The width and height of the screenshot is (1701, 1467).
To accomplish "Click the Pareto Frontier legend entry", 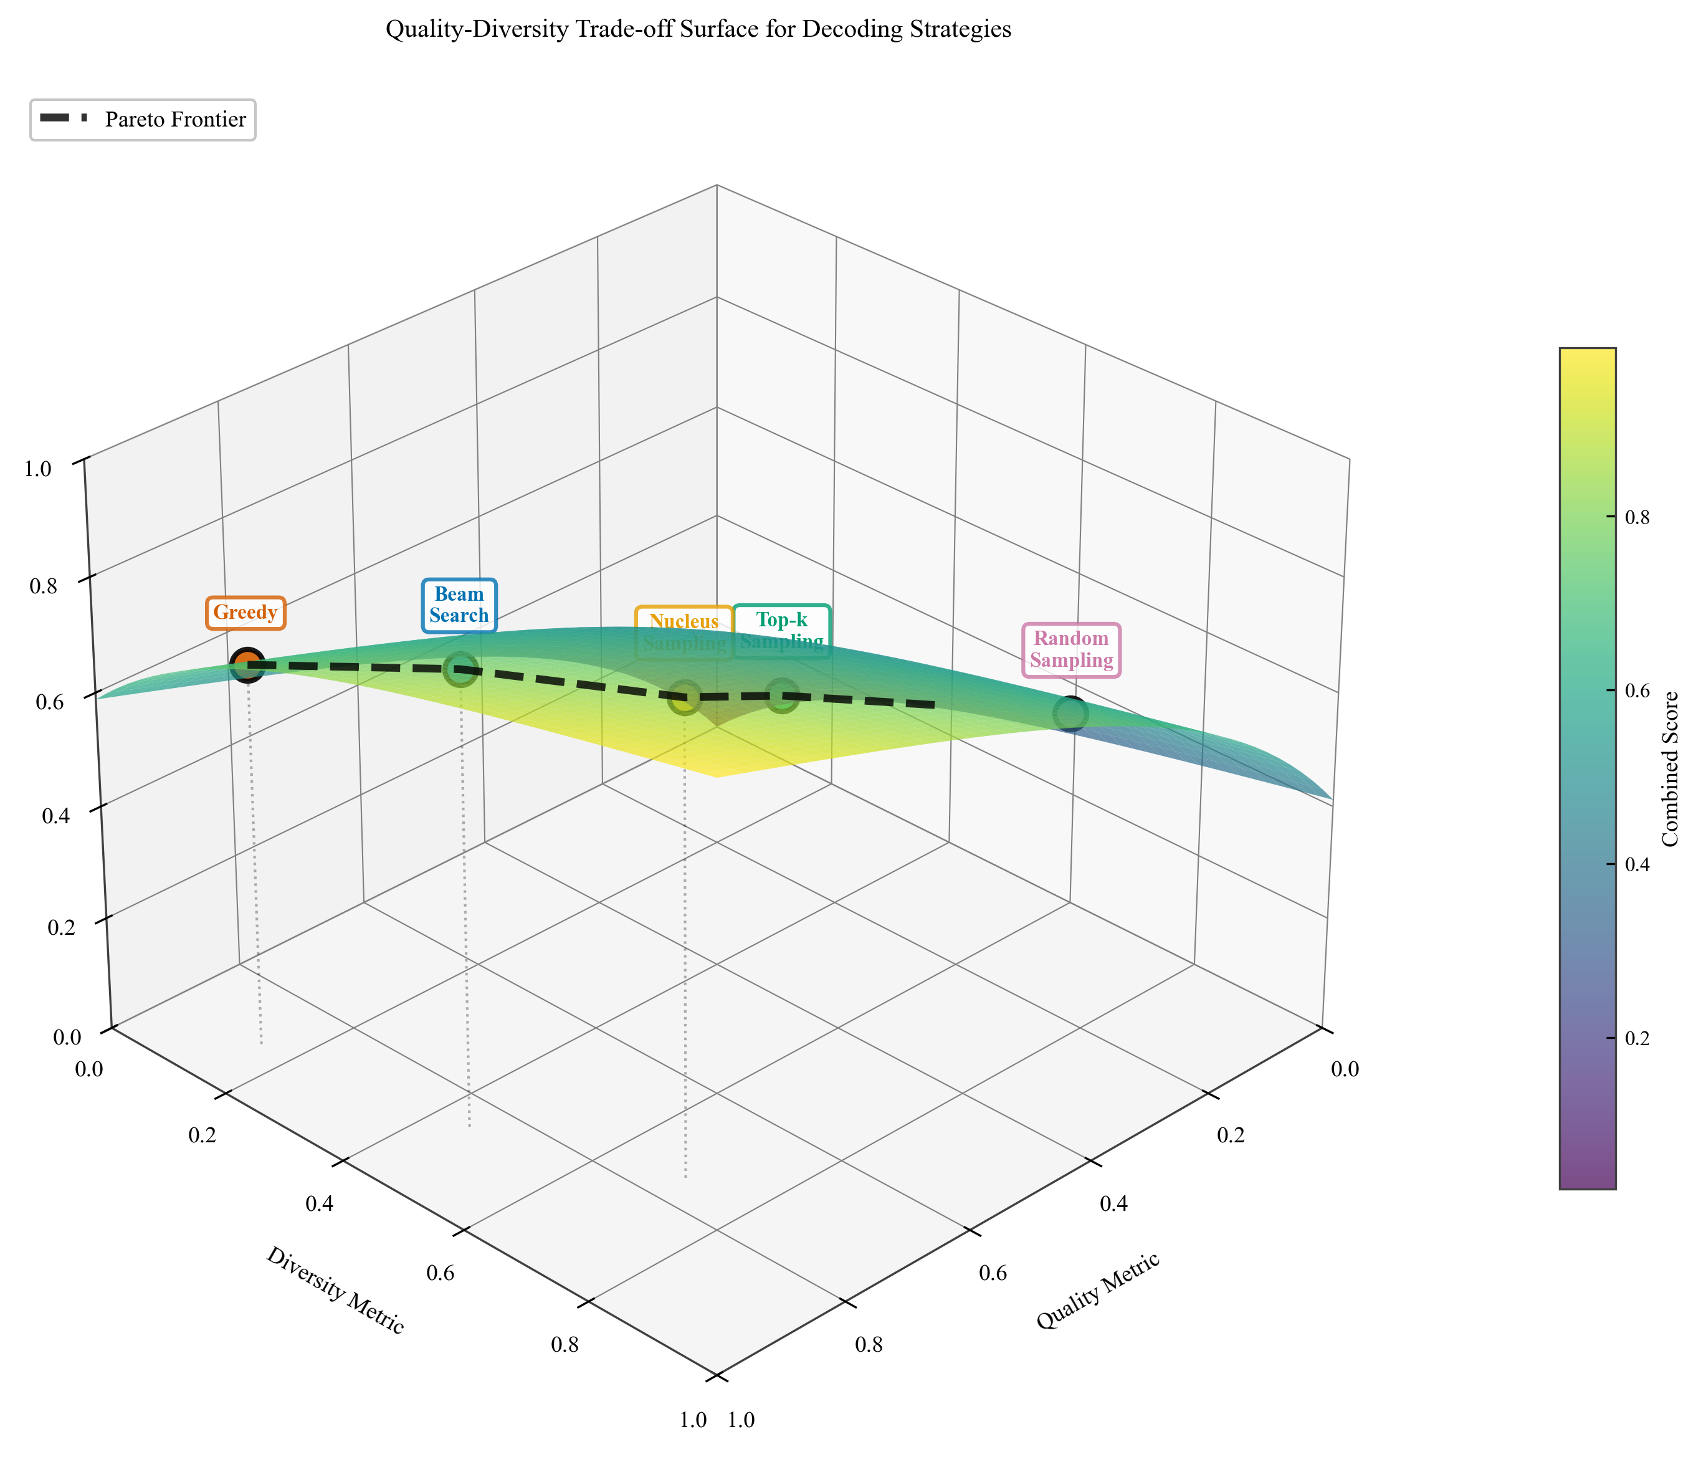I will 143,120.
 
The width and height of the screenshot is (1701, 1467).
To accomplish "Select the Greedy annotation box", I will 245,613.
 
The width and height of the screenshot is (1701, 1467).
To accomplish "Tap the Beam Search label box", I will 459,605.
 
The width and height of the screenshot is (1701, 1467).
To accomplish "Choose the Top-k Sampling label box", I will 781,631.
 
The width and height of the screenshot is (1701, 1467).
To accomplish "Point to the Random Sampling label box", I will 1071,649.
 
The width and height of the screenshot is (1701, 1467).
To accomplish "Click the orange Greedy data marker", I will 247,664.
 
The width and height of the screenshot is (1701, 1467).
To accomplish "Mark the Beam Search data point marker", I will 460,669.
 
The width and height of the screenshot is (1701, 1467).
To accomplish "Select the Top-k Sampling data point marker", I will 781,696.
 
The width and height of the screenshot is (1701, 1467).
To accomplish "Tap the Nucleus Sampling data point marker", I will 685,698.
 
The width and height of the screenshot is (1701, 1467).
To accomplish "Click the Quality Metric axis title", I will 1098,1291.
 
